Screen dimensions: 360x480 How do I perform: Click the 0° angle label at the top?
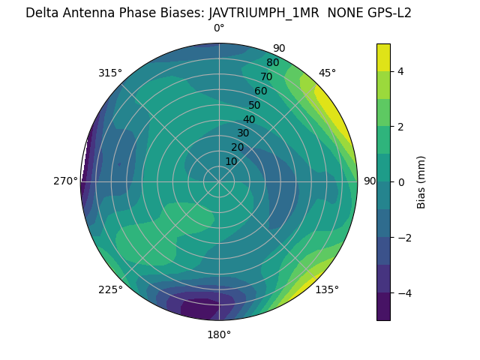point(219,28)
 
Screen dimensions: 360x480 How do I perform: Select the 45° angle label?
point(327,73)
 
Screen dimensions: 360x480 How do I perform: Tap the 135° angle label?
point(327,289)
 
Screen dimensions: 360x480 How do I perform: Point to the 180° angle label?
point(219,334)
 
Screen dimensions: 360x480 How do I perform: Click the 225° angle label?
point(110,289)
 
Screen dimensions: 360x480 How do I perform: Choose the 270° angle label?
point(65,181)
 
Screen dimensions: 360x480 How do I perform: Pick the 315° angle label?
point(110,73)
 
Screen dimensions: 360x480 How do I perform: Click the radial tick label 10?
point(231,161)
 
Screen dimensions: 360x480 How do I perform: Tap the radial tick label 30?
point(243,133)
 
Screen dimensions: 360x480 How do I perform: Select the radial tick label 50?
point(254,105)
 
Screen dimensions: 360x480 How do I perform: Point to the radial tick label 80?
point(272,63)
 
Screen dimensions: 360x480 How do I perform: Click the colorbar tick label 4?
point(401,71)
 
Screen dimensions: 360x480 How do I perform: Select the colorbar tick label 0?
point(401,181)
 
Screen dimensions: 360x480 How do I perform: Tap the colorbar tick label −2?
point(404,237)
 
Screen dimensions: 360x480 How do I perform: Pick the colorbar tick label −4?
point(404,292)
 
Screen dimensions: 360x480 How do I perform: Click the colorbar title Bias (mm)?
point(421,181)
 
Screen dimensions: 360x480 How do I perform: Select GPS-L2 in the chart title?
point(385,13)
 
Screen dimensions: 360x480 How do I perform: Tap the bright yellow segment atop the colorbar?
point(383,56)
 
